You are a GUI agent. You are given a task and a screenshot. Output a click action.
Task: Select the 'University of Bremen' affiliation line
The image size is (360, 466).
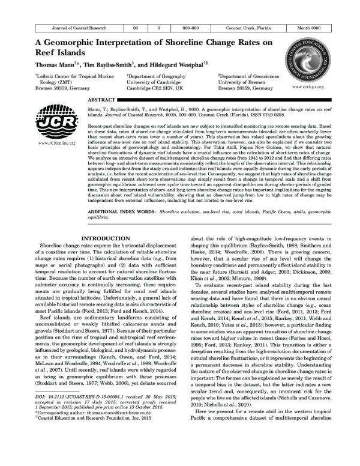[x=240, y=82]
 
